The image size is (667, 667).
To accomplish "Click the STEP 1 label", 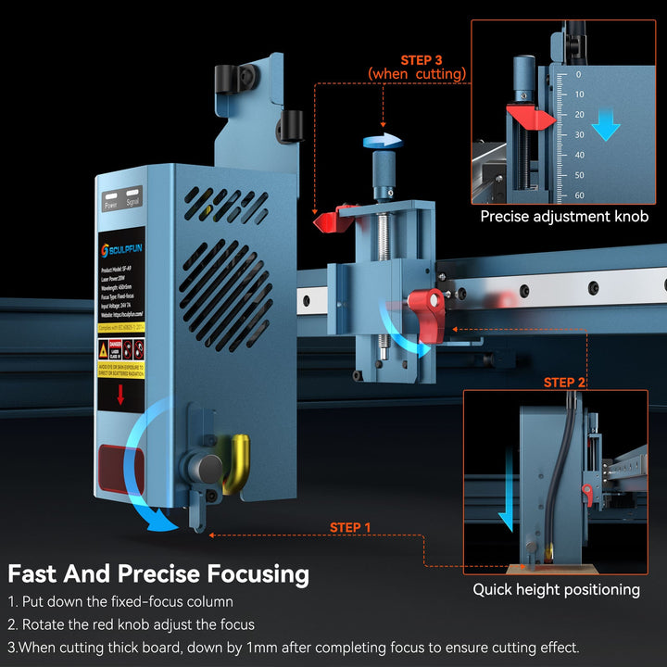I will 350,527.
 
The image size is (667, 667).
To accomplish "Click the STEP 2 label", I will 564,382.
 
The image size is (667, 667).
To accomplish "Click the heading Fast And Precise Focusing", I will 158,573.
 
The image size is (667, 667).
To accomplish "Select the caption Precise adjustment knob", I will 564,217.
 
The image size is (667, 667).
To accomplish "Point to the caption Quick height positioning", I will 556,589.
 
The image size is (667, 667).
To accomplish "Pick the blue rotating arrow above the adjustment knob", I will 383,140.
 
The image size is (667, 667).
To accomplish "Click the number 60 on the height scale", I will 579,195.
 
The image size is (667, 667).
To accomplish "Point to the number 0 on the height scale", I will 579,73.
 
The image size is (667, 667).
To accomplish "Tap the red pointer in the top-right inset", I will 530,117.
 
